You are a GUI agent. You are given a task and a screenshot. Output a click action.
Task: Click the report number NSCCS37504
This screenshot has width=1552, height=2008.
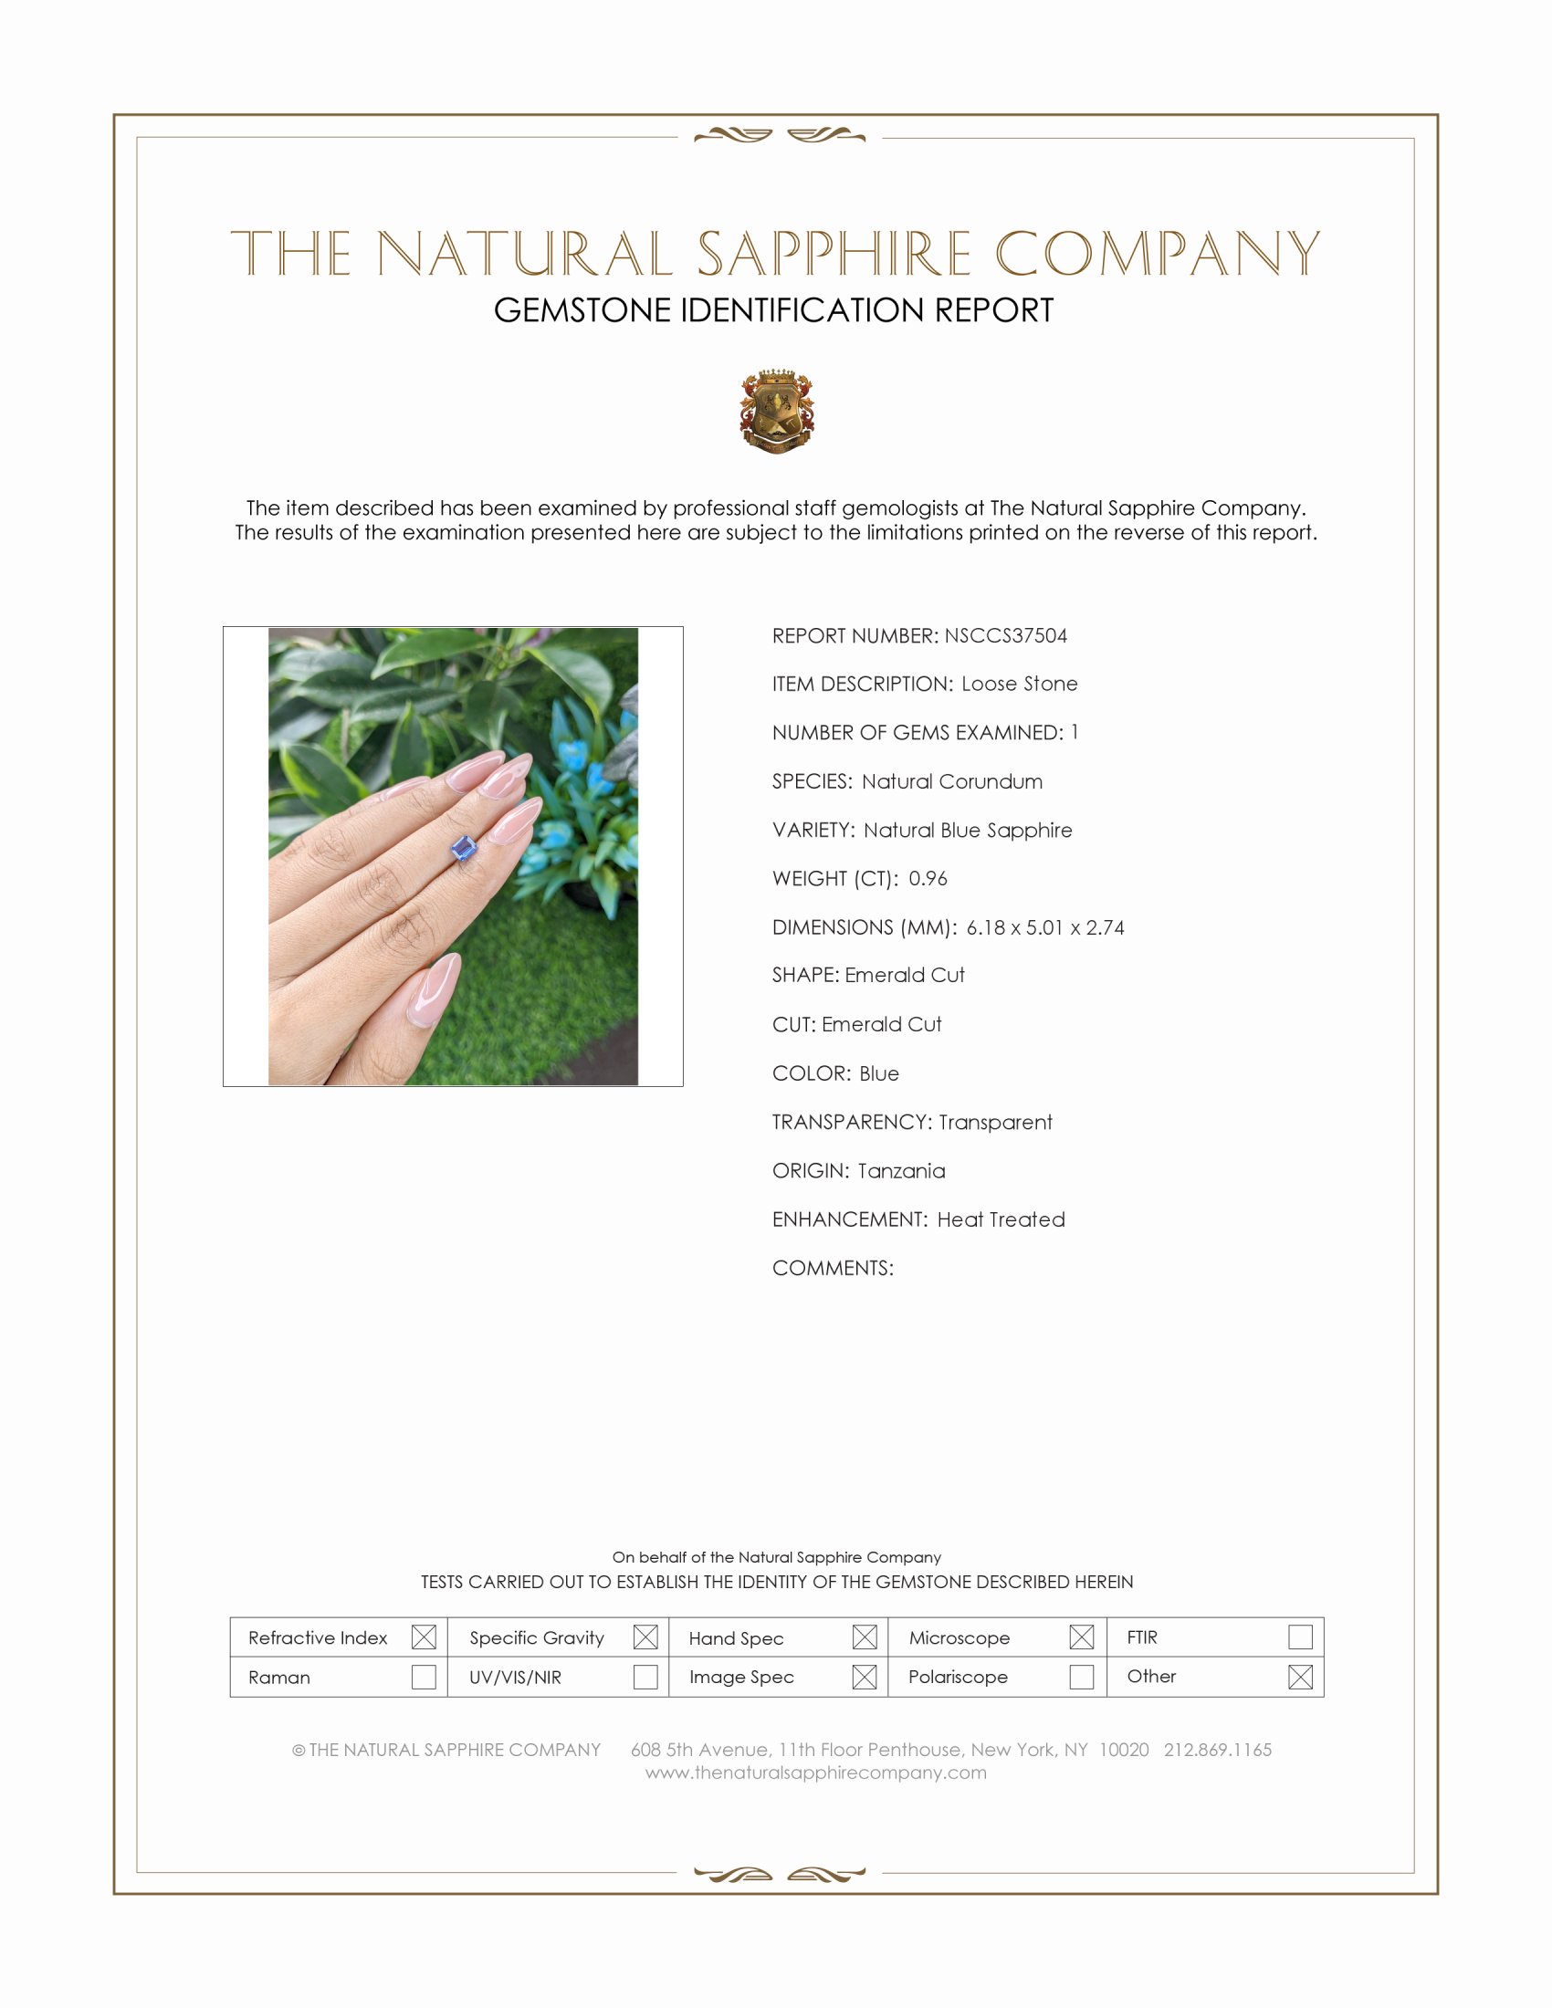1005,635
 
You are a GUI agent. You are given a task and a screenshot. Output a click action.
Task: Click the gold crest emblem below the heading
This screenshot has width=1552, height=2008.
777,412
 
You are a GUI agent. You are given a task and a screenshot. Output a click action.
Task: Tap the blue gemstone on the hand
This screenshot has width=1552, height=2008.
466,848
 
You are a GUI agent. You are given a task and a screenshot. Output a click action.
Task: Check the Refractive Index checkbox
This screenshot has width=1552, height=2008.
424,1637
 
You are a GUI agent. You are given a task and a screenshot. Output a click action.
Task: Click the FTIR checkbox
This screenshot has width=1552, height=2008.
1300,1637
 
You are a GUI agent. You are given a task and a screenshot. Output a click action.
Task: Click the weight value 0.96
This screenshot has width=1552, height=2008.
928,878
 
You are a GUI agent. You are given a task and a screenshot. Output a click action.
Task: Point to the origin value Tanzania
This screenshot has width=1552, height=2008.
901,1170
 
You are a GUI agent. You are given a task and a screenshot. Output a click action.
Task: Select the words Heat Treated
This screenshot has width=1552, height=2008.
1001,1219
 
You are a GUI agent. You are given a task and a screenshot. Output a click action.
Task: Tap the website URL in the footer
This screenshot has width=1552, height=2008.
815,1773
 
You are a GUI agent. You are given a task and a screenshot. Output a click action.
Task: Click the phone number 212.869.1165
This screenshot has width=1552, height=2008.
1217,1750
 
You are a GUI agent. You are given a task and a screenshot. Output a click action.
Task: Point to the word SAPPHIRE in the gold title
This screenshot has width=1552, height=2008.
833,255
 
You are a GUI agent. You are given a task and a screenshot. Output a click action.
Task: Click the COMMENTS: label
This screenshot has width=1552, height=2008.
832,1268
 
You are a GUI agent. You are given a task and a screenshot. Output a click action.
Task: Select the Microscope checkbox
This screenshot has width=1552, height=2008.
1081,1637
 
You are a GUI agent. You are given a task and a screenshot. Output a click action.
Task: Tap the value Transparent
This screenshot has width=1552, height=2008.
995,1122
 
